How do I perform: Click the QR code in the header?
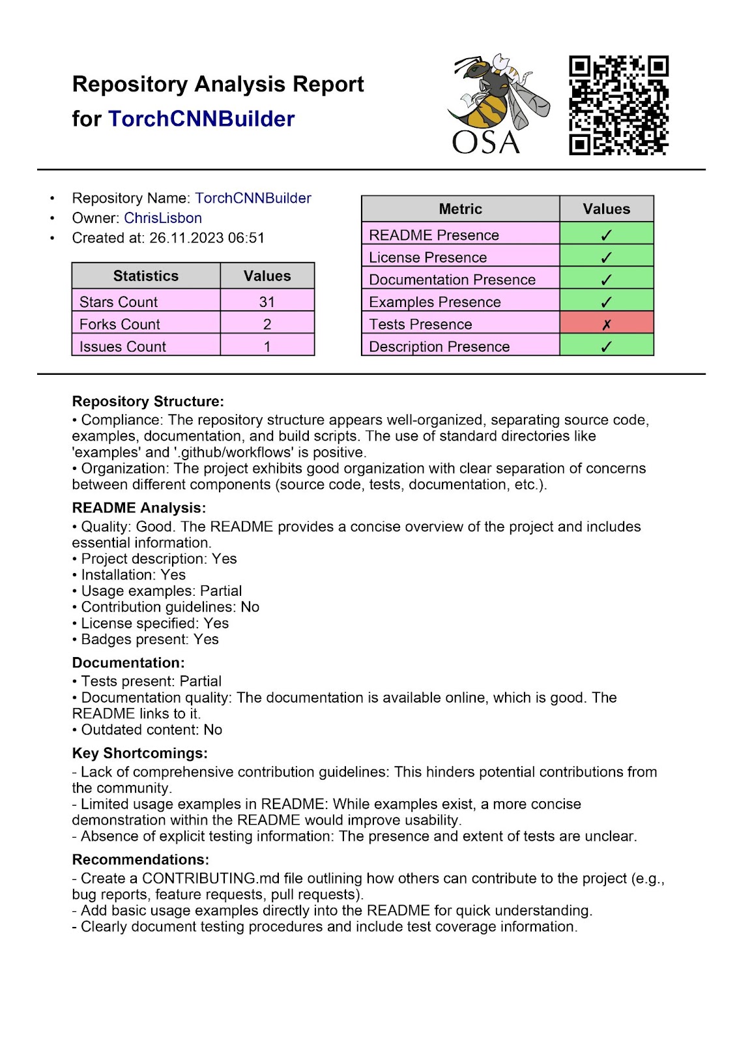(618, 105)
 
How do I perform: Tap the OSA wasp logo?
(497, 104)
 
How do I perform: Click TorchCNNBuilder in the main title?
(201, 119)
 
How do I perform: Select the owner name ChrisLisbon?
(163, 218)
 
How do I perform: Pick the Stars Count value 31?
(267, 302)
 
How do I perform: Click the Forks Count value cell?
(267, 324)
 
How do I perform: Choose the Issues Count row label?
(123, 347)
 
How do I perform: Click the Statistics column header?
(145, 276)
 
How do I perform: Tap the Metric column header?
(460, 209)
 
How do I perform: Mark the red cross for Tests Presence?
(606, 325)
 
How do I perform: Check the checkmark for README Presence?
(606, 235)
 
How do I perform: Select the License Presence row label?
(427, 257)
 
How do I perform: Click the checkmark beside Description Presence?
(606, 347)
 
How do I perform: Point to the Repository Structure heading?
(148, 402)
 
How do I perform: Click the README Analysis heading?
(139, 508)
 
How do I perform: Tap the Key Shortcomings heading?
(139, 753)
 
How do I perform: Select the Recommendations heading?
(140, 859)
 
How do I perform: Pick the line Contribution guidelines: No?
(169, 607)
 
